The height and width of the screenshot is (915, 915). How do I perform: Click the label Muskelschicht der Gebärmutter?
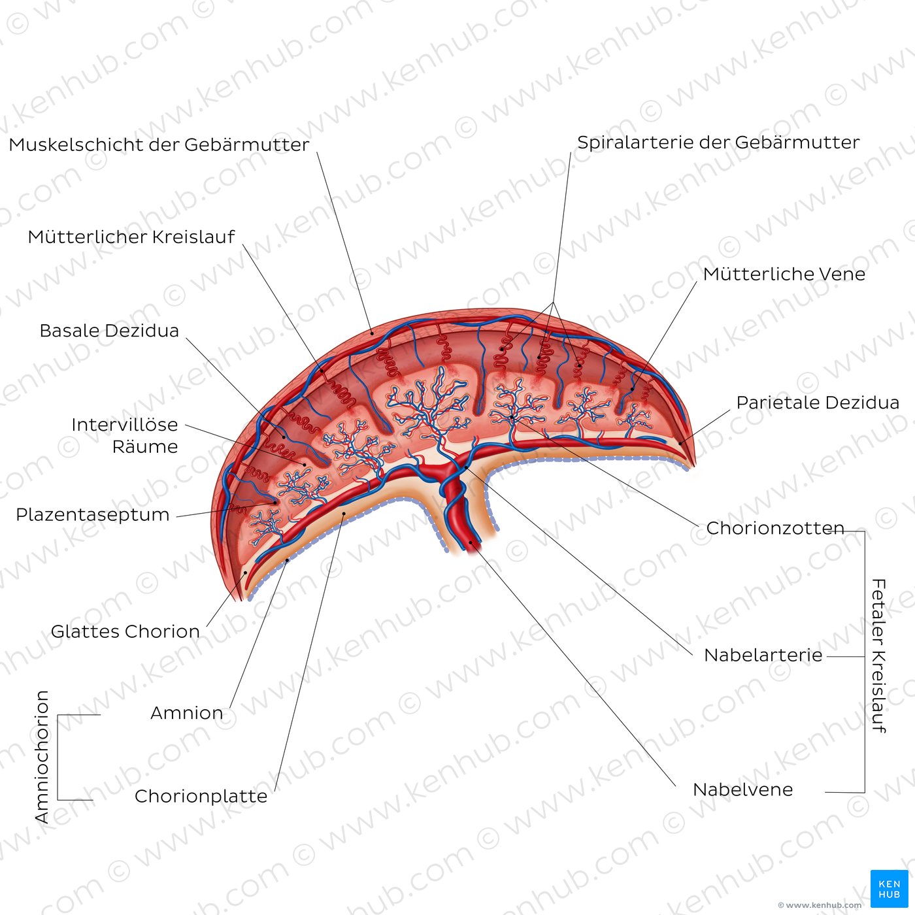pos(159,144)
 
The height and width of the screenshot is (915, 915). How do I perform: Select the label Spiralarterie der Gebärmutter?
pos(718,142)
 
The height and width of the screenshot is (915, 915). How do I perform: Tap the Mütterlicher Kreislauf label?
pos(131,237)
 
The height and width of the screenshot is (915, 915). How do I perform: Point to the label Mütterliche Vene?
pos(784,274)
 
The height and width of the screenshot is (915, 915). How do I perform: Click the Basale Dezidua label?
pos(109,331)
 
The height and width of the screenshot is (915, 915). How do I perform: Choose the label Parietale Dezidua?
pos(818,402)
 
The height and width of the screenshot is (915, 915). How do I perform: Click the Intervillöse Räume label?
pos(125,435)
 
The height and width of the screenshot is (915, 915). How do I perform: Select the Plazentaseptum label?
pos(93,515)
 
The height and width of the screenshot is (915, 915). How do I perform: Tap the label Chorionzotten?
pos(775,528)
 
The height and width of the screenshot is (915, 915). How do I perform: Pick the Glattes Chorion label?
pos(125,631)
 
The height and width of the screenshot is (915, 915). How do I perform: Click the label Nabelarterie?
pos(763,656)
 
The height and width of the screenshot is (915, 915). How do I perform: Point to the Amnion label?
pos(187,713)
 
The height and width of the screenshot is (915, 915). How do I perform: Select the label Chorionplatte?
pos(201,796)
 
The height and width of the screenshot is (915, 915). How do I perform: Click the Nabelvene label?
pos(742,790)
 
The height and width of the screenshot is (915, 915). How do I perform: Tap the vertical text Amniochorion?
pos(42,757)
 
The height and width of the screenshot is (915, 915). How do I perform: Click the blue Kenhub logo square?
pos(890,888)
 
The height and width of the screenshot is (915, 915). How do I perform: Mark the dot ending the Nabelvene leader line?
pos(471,542)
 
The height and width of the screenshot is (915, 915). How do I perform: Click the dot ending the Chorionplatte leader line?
pos(343,513)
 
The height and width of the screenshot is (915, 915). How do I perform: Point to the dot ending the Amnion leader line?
pos(288,560)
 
